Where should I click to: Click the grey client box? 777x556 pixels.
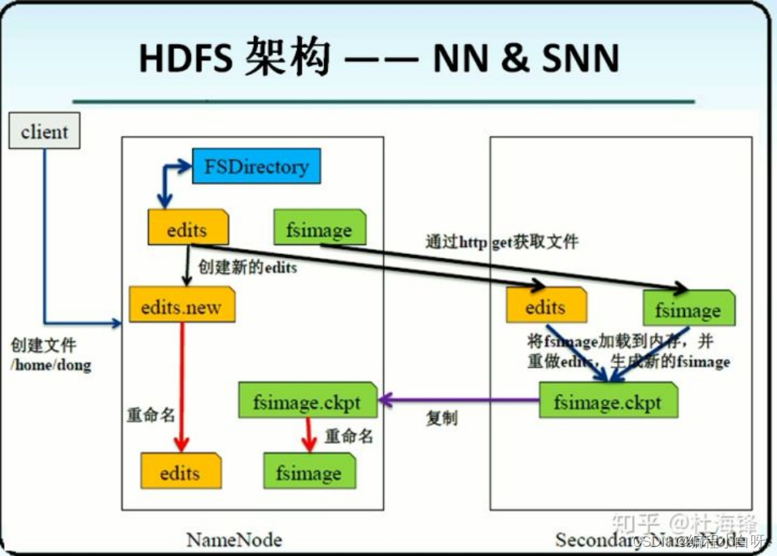(x=44, y=132)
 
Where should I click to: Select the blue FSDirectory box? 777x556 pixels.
(x=256, y=166)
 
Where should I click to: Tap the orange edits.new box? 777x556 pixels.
(x=182, y=307)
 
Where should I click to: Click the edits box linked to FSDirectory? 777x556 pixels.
(x=188, y=229)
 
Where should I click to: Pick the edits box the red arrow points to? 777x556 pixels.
(x=180, y=473)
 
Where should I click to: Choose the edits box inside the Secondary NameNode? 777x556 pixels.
(x=545, y=307)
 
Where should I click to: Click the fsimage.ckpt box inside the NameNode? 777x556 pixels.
(x=307, y=402)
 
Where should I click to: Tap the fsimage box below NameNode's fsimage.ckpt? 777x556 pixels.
(x=309, y=473)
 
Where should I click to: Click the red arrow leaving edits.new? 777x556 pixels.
(x=182, y=386)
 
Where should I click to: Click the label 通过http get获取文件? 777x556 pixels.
(x=501, y=242)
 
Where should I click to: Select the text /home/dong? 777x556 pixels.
(x=51, y=364)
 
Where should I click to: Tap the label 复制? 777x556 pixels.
(x=441, y=419)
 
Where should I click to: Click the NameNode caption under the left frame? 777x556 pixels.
(x=234, y=537)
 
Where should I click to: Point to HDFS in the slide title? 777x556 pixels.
(x=185, y=57)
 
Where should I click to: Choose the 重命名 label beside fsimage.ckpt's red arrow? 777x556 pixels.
(x=348, y=436)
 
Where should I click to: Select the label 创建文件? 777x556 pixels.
(x=43, y=345)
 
